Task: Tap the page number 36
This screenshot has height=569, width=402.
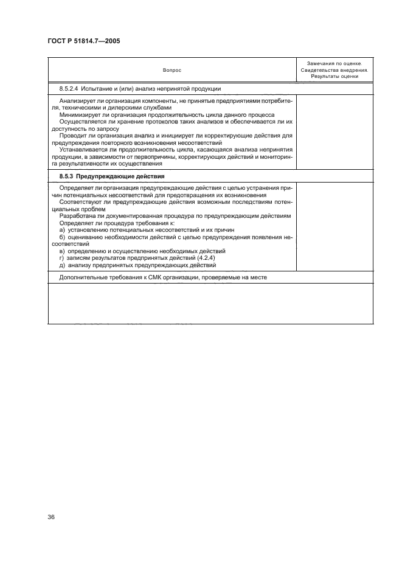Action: tap(51, 517)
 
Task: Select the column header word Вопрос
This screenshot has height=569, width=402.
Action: tap(172, 71)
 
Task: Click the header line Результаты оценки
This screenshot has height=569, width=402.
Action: tap(334, 77)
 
